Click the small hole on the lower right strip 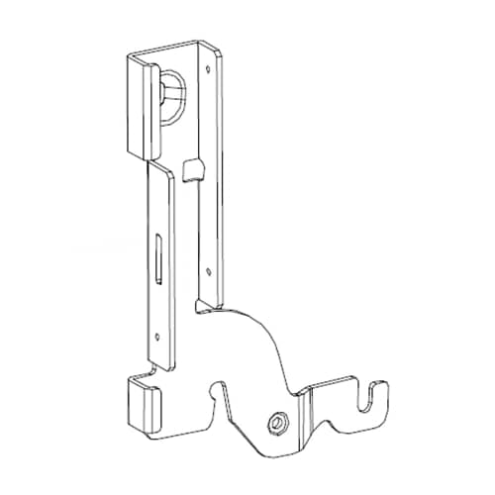[x=209, y=269]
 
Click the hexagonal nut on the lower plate [x=275, y=424]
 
